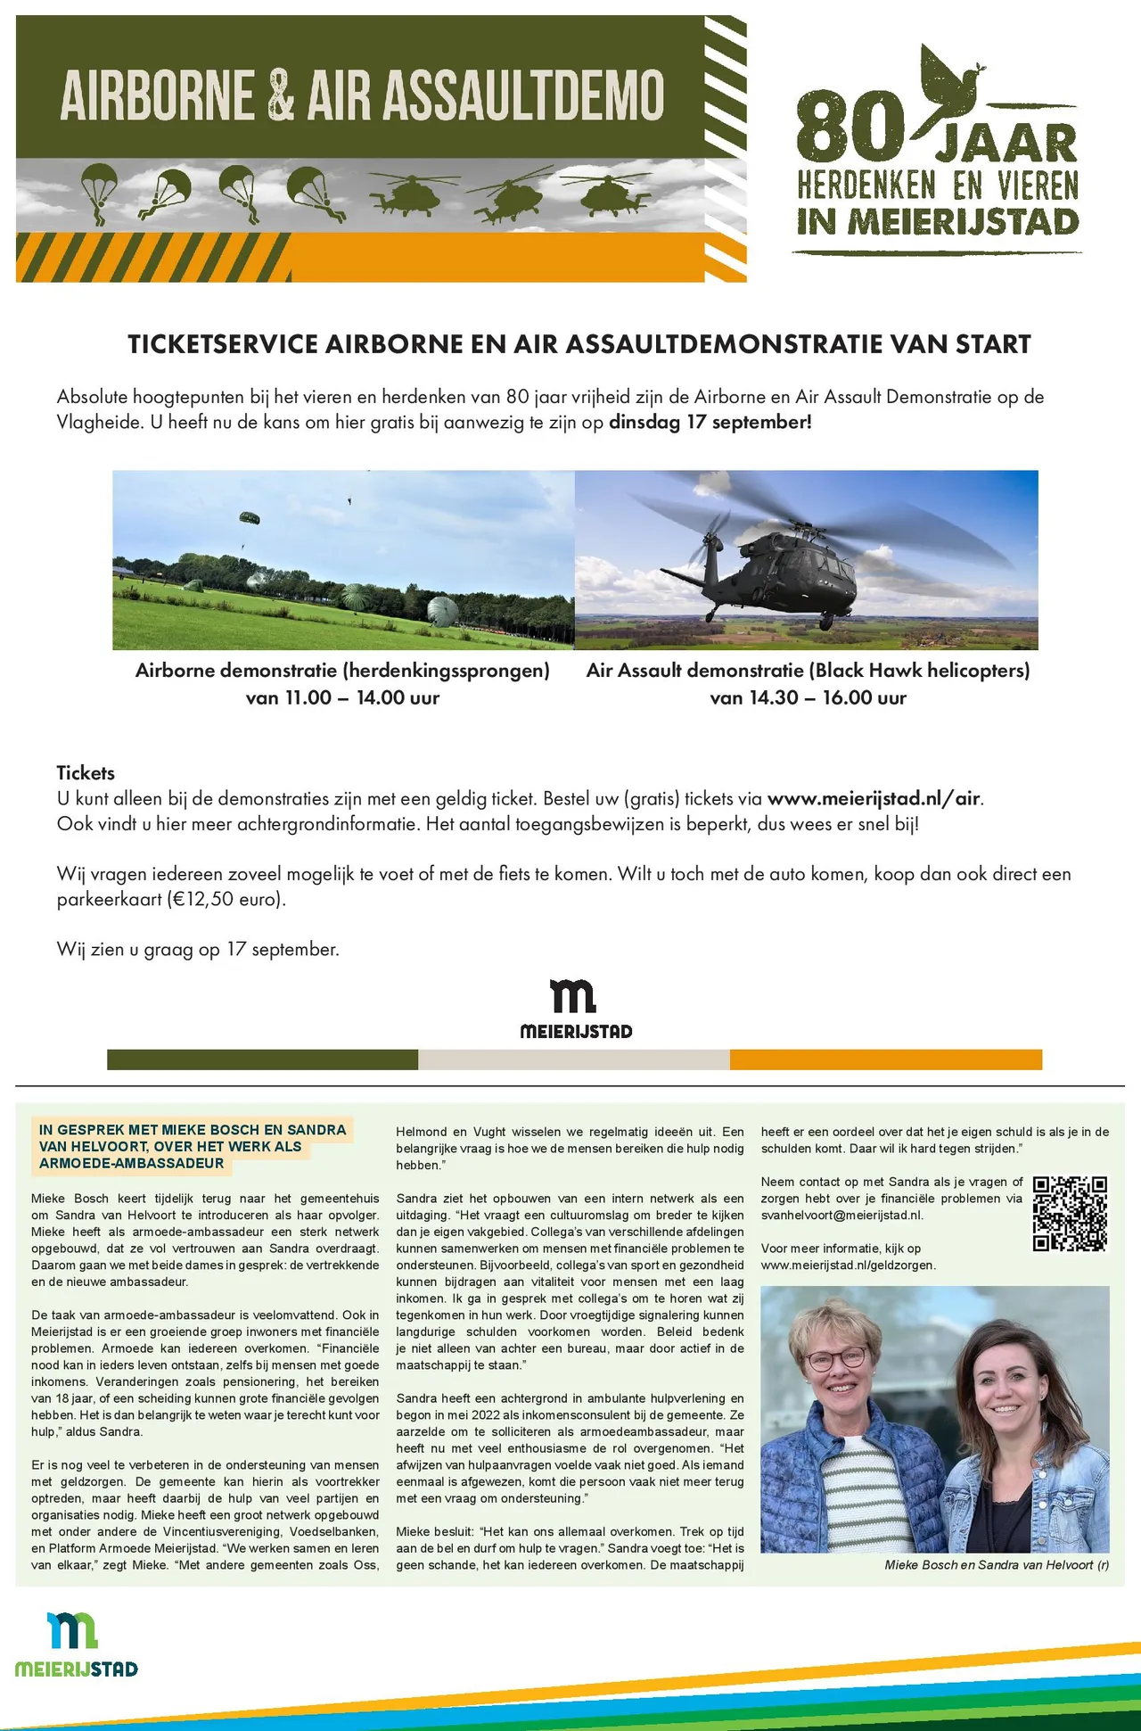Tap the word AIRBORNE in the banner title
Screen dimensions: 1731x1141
158,95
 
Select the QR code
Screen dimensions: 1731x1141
1070,1214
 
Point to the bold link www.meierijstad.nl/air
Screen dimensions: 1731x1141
873,799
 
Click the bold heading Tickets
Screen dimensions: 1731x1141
86,773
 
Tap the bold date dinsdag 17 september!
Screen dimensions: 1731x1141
710,423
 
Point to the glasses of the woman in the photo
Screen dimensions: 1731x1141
835,1359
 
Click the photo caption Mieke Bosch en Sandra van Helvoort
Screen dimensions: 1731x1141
996,1565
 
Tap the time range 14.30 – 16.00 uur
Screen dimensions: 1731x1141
808,698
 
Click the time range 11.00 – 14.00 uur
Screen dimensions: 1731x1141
342,698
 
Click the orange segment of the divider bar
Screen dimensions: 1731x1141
885,1059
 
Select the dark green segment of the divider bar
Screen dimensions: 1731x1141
262,1059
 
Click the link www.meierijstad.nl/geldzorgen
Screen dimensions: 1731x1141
847,1265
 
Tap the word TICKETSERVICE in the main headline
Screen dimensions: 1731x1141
222,344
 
